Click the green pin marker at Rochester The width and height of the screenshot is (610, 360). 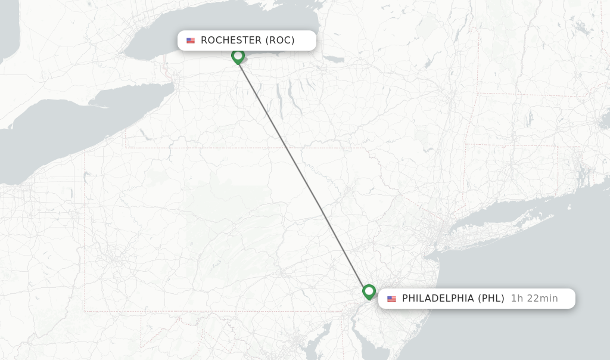click(x=238, y=56)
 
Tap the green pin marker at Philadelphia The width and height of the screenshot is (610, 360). click(x=369, y=291)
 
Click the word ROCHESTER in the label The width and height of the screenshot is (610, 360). click(x=231, y=41)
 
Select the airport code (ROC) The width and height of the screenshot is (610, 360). click(x=279, y=41)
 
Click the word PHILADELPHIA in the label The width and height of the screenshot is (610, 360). click(x=438, y=299)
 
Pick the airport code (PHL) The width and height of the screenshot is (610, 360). click(x=491, y=299)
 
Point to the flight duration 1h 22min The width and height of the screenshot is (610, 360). click(x=534, y=299)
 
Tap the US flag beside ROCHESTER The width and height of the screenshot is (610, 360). click(x=191, y=41)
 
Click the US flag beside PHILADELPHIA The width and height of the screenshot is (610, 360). click(x=391, y=299)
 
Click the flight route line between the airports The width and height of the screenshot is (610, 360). click(x=303, y=173)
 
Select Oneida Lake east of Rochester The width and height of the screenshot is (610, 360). click(x=334, y=59)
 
